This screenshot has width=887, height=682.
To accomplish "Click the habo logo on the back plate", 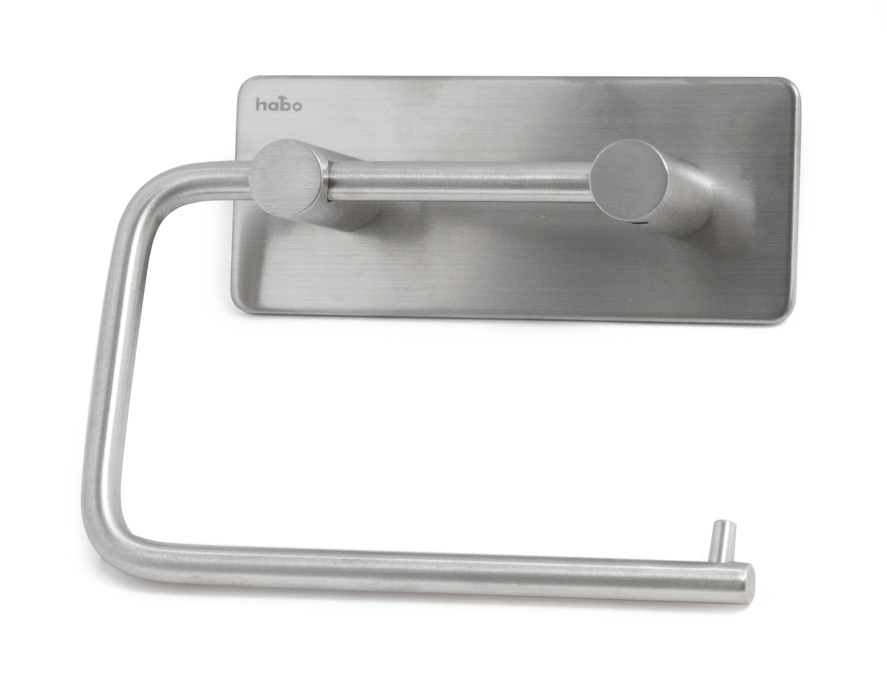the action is tap(279, 105).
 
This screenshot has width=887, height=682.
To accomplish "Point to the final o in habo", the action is tap(296, 106).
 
